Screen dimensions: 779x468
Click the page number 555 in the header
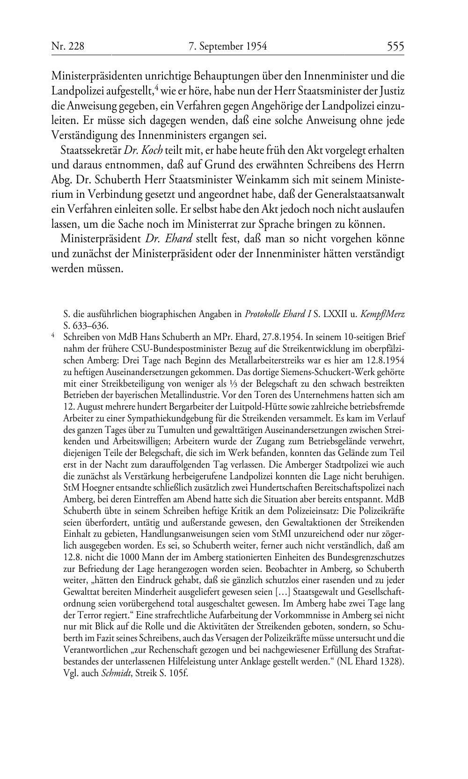click(395, 46)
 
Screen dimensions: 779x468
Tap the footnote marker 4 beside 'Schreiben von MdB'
click(53, 335)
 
